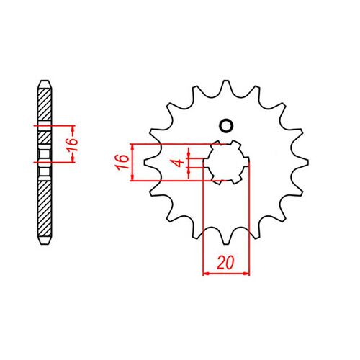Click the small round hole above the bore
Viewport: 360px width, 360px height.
(x=226, y=126)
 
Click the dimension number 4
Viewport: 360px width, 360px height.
(x=174, y=162)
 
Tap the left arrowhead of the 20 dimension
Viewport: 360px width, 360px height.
(x=207, y=273)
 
